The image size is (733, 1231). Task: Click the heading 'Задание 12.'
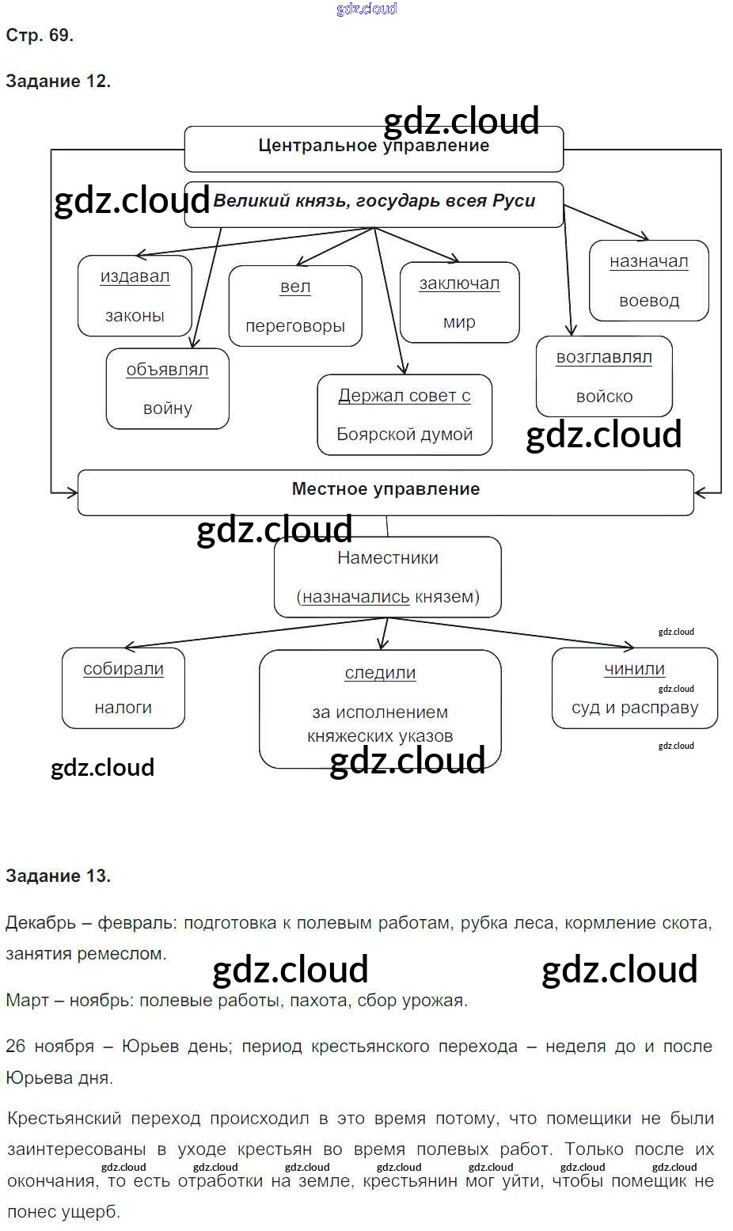click(x=58, y=82)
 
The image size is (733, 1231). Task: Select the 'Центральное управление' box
click(x=374, y=148)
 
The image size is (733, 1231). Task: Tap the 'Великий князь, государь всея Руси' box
click(x=374, y=204)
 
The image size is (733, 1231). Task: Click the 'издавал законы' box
click(x=135, y=296)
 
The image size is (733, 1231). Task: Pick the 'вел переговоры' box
click(x=295, y=306)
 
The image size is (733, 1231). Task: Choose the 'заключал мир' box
click(x=459, y=302)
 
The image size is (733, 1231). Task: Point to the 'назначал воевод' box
click(x=648, y=281)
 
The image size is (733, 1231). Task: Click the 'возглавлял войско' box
click(x=604, y=377)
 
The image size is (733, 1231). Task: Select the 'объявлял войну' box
click(x=167, y=389)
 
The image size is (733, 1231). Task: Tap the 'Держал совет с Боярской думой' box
click(x=404, y=415)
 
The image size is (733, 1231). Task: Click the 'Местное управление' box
click(x=385, y=492)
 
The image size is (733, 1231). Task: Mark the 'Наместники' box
click(x=387, y=577)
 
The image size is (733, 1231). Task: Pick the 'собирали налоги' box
click(x=123, y=688)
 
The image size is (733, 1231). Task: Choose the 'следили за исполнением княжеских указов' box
click(x=380, y=709)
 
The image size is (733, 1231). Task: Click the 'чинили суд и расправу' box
click(x=634, y=688)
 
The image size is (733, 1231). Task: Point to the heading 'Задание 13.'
click(x=58, y=876)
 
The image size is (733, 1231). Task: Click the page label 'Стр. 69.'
click(x=40, y=36)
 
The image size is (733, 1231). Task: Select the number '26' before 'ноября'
click(x=16, y=1047)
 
